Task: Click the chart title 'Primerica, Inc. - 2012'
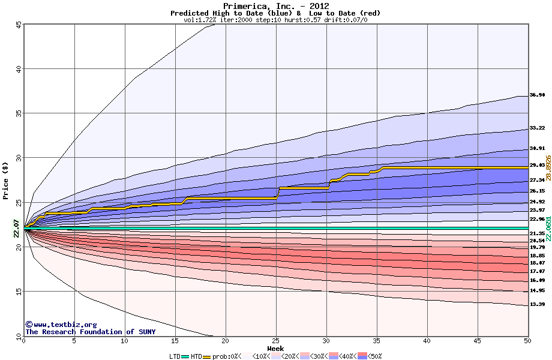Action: pyautogui.click(x=275, y=6)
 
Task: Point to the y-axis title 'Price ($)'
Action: pyautogui.click(x=5, y=181)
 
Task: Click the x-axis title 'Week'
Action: pyautogui.click(x=275, y=348)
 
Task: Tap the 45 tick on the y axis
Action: pyautogui.click(x=19, y=25)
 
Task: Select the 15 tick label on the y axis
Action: pyautogui.click(x=19, y=292)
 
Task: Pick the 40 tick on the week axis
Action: pyautogui.click(x=427, y=341)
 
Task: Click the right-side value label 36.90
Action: pyautogui.click(x=537, y=95)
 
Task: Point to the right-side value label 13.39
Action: pyautogui.click(x=537, y=305)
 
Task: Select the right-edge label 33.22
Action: pyautogui.click(x=537, y=128)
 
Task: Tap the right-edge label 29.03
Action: pyautogui.click(x=537, y=165)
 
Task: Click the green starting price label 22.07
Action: pyautogui.click(x=17, y=229)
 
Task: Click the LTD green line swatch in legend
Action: pyautogui.click(x=185, y=356)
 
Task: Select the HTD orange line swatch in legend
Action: pyautogui.click(x=208, y=356)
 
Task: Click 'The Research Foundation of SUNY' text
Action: pyautogui.click(x=90, y=332)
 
